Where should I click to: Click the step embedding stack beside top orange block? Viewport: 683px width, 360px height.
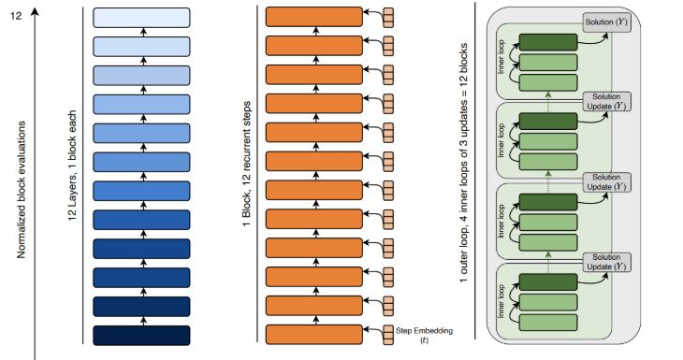[x=388, y=17]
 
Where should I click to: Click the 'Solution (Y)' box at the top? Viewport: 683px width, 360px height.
[x=606, y=22]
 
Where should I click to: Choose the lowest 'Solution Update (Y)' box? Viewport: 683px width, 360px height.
[x=606, y=261]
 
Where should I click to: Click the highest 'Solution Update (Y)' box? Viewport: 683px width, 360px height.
[x=606, y=100]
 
